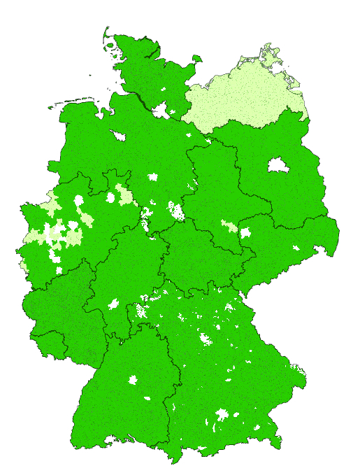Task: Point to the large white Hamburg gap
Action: pyautogui.click(x=162, y=110)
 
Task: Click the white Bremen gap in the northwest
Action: pyautogui.click(x=116, y=135)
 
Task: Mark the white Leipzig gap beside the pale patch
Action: pyautogui.click(x=245, y=232)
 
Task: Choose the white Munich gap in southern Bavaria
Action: pyautogui.click(x=222, y=414)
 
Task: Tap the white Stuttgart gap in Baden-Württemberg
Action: pyautogui.click(x=132, y=381)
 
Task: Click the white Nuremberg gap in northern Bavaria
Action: pyautogui.click(x=206, y=339)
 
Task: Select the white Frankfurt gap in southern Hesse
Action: pyautogui.click(x=113, y=304)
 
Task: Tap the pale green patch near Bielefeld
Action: pyautogui.click(x=124, y=194)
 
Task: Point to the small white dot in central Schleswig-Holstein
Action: pyautogui.click(x=162, y=90)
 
